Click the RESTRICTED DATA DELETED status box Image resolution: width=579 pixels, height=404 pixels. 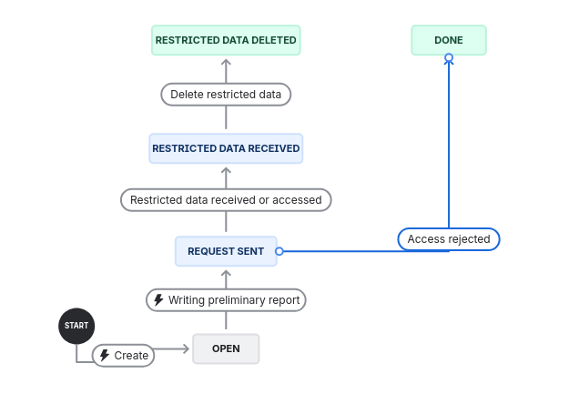pyautogui.click(x=226, y=40)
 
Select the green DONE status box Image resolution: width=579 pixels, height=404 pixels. pyautogui.click(x=449, y=40)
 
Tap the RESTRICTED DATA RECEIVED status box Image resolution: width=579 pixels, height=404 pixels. pyautogui.click(x=226, y=147)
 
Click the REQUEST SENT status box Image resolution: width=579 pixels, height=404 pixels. pyautogui.click(x=226, y=251)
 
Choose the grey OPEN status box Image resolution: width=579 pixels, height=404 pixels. pyautogui.click(x=226, y=348)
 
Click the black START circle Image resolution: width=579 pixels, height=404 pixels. pyautogui.click(x=76, y=325)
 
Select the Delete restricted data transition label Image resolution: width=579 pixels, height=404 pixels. pyautogui.click(x=226, y=94)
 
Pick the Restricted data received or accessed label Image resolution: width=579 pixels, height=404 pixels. pyautogui.click(x=226, y=199)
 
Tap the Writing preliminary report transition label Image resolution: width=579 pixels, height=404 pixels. pyautogui.click(x=226, y=299)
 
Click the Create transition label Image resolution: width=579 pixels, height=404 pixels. pyautogui.click(x=123, y=355)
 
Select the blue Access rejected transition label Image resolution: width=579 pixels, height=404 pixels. pyautogui.click(x=449, y=239)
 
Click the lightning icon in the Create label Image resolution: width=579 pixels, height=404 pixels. pyautogui.click(x=105, y=355)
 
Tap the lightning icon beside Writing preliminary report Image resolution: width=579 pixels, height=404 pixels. pyautogui.click(x=159, y=299)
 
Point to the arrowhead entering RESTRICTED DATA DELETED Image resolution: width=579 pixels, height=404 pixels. pyautogui.click(x=226, y=63)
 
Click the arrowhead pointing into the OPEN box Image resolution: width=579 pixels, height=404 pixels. pyautogui.click(x=188, y=348)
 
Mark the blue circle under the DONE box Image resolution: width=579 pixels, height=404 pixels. pyautogui.click(x=449, y=58)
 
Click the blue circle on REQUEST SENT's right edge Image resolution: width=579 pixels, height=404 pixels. pyautogui.click(x=279, y=251)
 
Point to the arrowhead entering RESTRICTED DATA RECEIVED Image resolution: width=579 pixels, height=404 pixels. pyautogui.click(x=226, y=169)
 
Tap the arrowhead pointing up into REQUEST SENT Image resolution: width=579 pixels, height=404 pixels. pyautogui.click(x=226, y=272)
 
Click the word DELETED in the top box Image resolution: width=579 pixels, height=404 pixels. pyautogui.click(x=271, y=40)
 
